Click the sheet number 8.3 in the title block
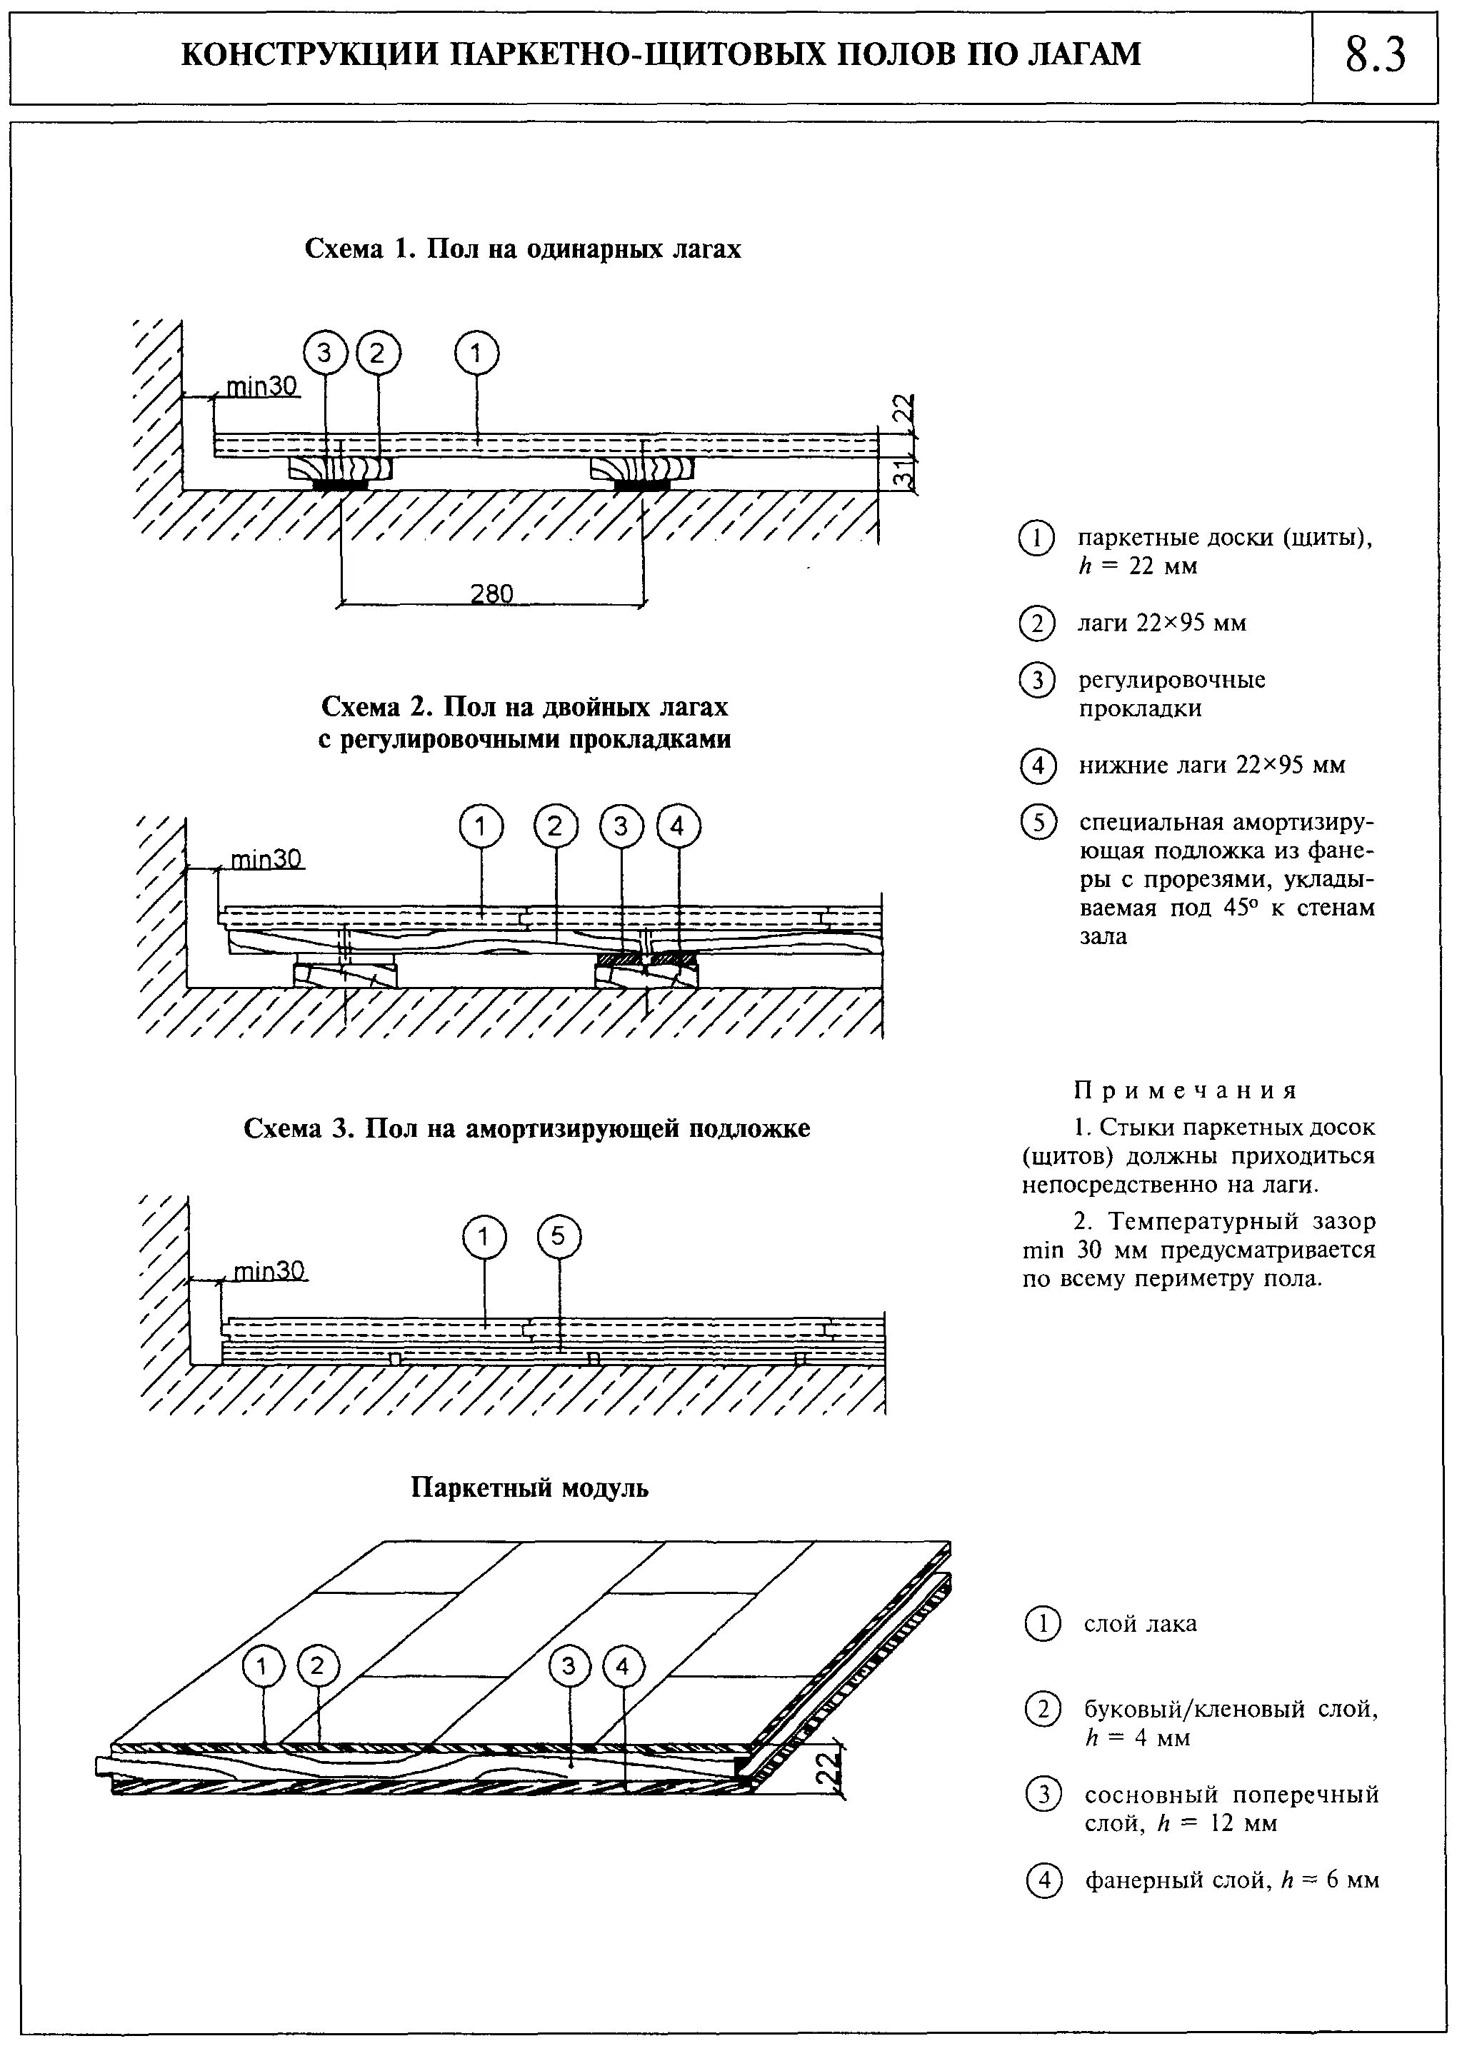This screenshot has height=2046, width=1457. click(1376, 56)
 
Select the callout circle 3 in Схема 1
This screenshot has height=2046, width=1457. click(326, 354)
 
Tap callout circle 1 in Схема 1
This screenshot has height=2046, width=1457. click(476, 354)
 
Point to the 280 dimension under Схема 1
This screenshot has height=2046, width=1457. click(491, 593)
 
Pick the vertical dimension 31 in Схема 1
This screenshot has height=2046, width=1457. click(908, 473)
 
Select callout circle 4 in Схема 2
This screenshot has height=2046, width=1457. click(679, 827)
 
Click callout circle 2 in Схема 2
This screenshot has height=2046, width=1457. click(556, 827)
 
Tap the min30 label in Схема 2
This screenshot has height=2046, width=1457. click(266, 859)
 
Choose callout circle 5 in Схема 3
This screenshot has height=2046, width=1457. click(558, 1238)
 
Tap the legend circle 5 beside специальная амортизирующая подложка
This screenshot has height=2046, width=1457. click(1037, 823)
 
